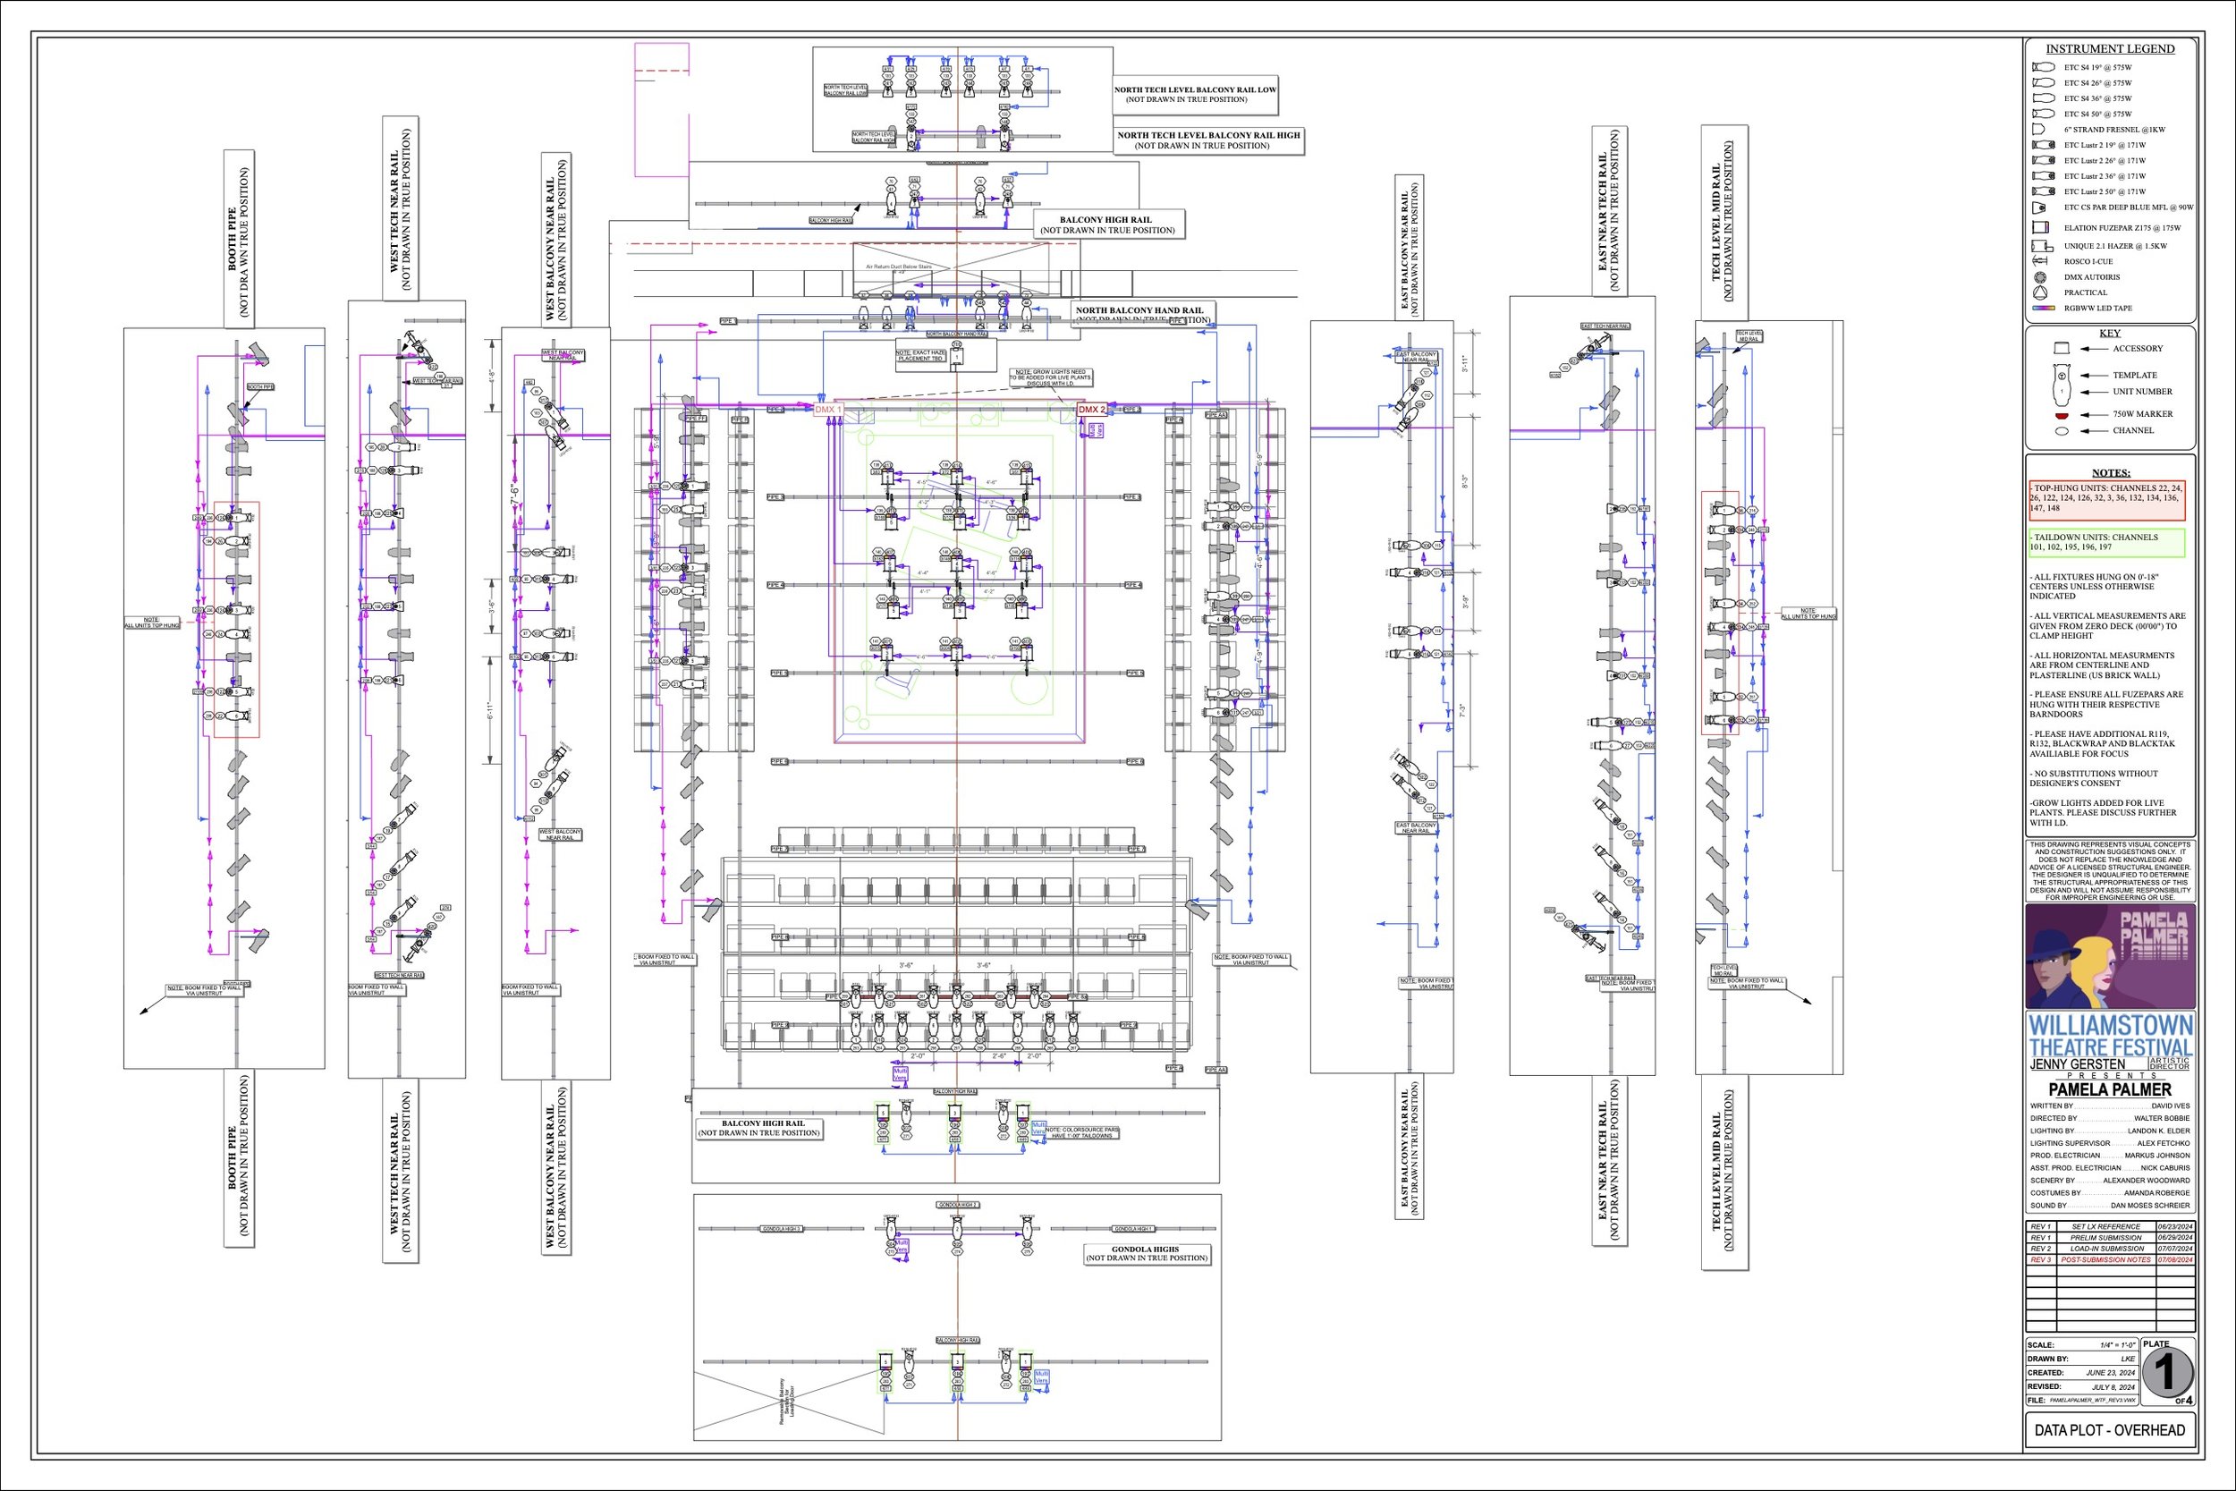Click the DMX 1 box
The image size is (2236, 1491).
pos(828,410)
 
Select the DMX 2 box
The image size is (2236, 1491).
pos(1091,410)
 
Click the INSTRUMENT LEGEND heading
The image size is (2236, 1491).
pos(2110,49)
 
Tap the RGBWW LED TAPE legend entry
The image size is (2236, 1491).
pos(2098,308)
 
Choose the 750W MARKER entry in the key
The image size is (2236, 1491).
pos(2142,413)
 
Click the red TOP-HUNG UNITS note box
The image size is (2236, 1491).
pos(2105,498)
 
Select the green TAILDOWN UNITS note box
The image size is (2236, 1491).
pos(2105,542)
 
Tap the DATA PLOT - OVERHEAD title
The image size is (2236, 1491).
pos(2110,1457)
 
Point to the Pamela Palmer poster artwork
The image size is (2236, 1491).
pos(2110,955)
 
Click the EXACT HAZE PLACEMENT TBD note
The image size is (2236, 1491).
pos(919,357)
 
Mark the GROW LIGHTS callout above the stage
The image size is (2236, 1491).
pos(1051,377)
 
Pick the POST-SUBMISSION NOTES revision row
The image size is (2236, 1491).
pos(2110,1260)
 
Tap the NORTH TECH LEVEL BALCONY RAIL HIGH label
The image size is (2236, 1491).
pos(1207,140)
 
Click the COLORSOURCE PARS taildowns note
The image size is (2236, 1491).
pos(1082,1132)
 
